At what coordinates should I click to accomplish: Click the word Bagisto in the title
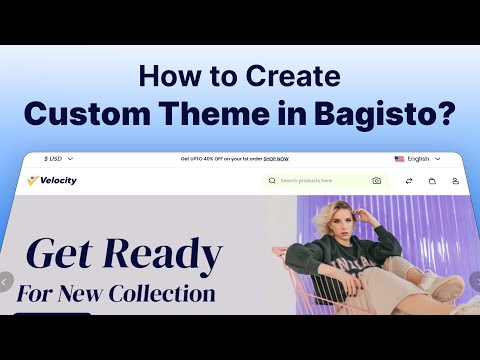[x=392, y=114]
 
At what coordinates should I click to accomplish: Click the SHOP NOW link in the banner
[x=277, y=158]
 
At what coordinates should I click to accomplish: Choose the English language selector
[x=417, y=158]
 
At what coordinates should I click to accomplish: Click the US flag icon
[x=399, y=158]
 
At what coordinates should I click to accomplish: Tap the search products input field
[x=320, y=181]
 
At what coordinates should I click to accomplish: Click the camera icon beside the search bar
[x=376, y=181]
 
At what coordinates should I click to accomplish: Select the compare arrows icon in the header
[x=408, y=181]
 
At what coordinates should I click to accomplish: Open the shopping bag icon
[x=432, y=181]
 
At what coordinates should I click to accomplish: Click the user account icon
[x=455, y=181]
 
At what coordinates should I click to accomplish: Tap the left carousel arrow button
[x=5, y=282]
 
